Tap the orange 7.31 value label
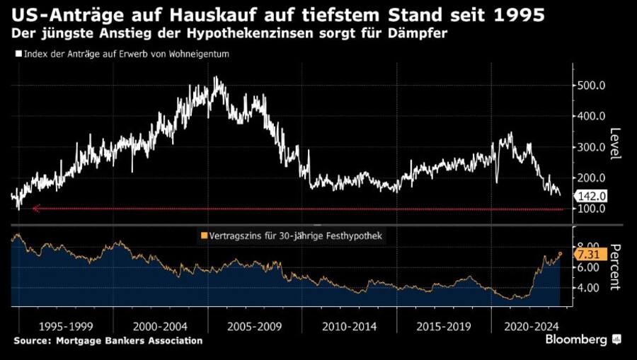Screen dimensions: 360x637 [591, 255]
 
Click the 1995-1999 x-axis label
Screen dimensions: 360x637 [67, 327]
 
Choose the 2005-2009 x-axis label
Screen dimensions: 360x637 [256, 327]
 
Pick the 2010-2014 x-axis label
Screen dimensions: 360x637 [350, 327]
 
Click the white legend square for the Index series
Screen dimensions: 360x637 [18, 54]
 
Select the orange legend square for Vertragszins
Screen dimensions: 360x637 [205, 236]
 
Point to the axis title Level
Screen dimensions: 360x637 [615, 144]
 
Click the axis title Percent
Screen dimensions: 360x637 [615, 267]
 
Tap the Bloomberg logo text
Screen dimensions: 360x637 [576, 340]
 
